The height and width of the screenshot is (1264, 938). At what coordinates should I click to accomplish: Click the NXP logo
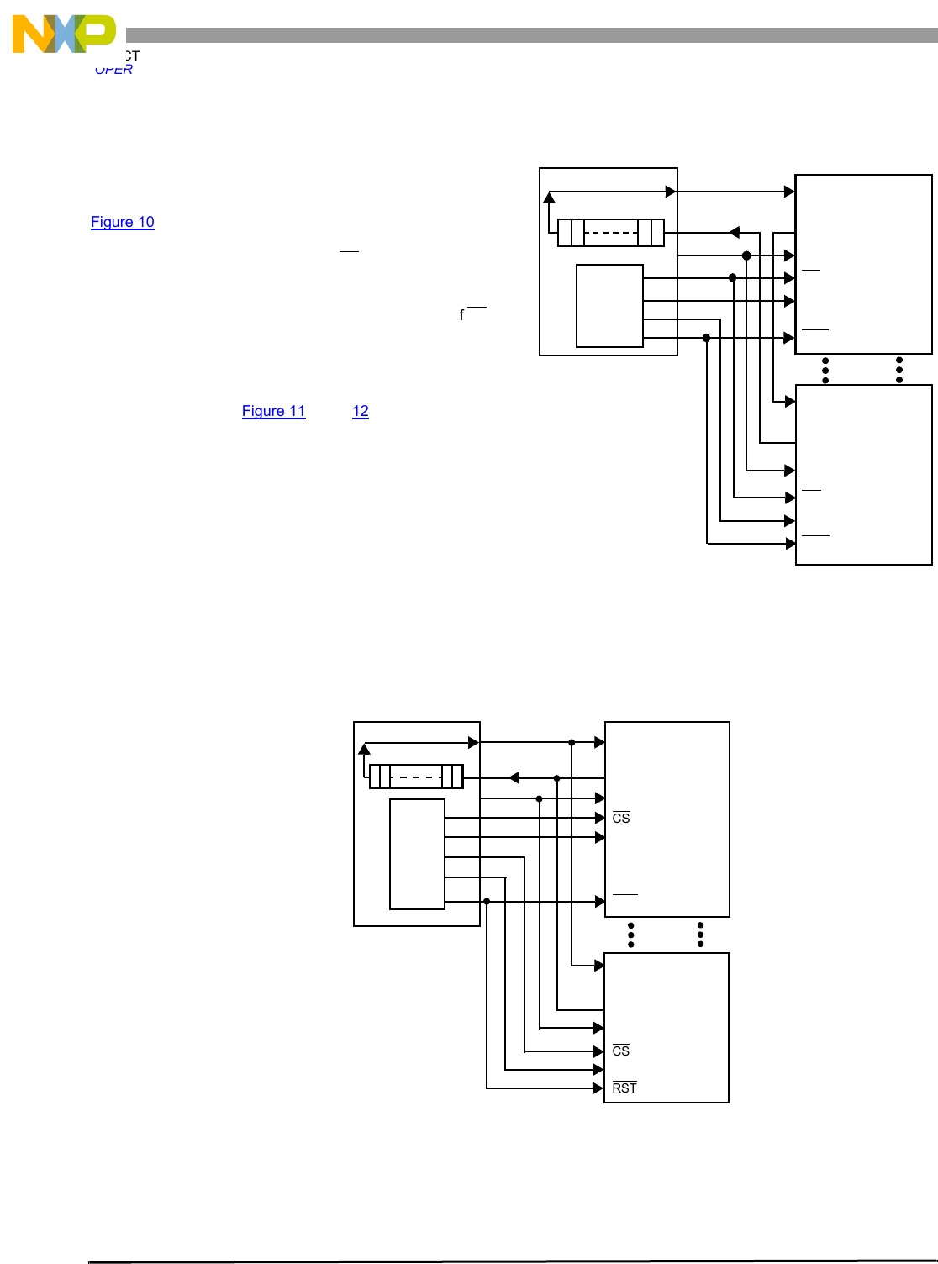64,34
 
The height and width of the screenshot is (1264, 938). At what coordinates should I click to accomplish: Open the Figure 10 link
123,222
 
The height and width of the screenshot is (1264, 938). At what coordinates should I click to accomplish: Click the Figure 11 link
273,411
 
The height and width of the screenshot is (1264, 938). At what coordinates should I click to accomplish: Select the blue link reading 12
361,411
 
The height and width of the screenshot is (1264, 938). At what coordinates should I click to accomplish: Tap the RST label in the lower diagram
624,1088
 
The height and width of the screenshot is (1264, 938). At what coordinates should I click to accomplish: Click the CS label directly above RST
621,1051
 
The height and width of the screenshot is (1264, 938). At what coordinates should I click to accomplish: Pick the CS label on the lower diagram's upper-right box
621,819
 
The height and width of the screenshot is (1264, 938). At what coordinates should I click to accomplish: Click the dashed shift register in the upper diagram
611,233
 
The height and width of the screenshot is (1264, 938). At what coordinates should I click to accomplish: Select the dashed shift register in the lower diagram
416,777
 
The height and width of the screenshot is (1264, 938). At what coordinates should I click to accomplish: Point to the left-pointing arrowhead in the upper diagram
733,233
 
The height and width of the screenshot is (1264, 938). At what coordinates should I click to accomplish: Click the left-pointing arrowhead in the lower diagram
514,778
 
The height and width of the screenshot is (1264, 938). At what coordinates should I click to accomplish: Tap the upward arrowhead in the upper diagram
549,198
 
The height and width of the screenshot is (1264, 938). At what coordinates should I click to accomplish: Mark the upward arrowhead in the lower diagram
364,749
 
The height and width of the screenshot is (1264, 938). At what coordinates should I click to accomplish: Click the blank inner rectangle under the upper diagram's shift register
609,306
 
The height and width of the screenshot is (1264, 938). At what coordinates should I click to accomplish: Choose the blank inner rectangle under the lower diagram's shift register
417,854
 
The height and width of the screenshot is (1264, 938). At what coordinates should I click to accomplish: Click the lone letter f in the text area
461,315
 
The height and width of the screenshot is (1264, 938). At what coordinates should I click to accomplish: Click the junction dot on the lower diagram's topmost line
572,743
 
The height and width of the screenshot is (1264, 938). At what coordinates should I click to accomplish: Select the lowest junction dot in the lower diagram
487,902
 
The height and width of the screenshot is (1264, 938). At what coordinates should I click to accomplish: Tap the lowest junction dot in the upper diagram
706,338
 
